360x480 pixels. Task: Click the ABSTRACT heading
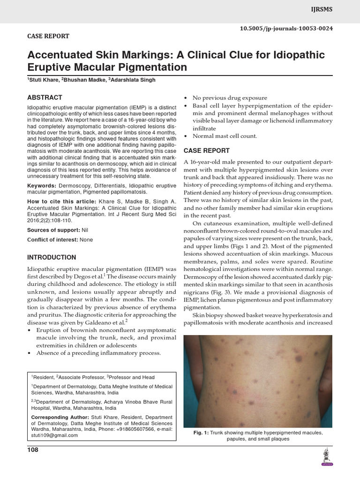(45, 97)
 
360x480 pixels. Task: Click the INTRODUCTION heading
(52, 257)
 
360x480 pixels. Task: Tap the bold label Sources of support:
(53, 230)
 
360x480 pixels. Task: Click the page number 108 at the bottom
(33, 450)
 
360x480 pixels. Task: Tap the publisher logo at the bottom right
(326, 457)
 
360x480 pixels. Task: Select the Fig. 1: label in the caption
(201, 433)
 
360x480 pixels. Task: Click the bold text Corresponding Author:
(59, 417)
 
